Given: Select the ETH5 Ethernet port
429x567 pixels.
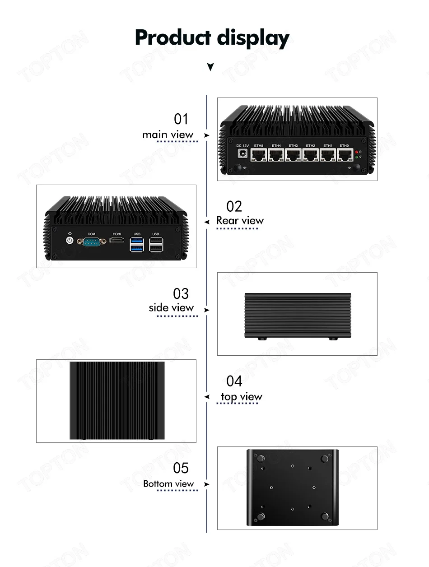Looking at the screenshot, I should (259, 156).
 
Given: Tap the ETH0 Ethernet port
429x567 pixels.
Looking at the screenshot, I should (345, 156).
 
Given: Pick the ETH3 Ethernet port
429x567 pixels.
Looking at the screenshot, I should (294, 156).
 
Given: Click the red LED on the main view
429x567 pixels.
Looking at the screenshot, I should (356, 152).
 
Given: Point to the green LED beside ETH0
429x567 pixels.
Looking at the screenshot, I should (356, 158).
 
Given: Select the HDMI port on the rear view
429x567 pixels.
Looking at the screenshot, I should (117, 241).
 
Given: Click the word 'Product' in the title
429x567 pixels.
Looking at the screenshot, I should (173, 38).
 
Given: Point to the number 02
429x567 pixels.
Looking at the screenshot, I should (234, 206).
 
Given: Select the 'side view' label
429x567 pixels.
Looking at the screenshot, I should (171, 307).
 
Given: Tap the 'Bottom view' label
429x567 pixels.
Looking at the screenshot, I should (168, 483).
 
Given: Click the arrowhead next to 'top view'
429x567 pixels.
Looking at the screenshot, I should (207, 397).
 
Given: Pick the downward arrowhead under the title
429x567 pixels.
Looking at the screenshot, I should (210, 67).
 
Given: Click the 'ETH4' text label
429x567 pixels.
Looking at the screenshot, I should (276, 145).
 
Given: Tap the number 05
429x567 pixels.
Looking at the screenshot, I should (181, 468).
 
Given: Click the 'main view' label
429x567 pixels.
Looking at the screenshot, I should (168, 135).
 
